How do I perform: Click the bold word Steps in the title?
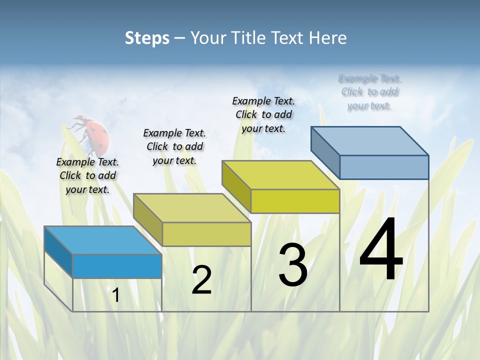click(147, 38)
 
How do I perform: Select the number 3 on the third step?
click(292, 265)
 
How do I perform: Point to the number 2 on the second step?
click(201, 280)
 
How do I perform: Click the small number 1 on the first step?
click(116, 295)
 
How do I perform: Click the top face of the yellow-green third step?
click(280, 175)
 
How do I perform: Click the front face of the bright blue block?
click(117, 266)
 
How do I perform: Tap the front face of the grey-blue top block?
click(384, 167)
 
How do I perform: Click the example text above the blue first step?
click(87, 175)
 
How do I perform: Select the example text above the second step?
click(174, 146)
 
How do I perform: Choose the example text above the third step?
click(263, 114)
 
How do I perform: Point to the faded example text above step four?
click(369, 92)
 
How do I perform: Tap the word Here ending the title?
click(329, 38)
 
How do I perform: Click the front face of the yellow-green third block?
click(295, 201)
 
